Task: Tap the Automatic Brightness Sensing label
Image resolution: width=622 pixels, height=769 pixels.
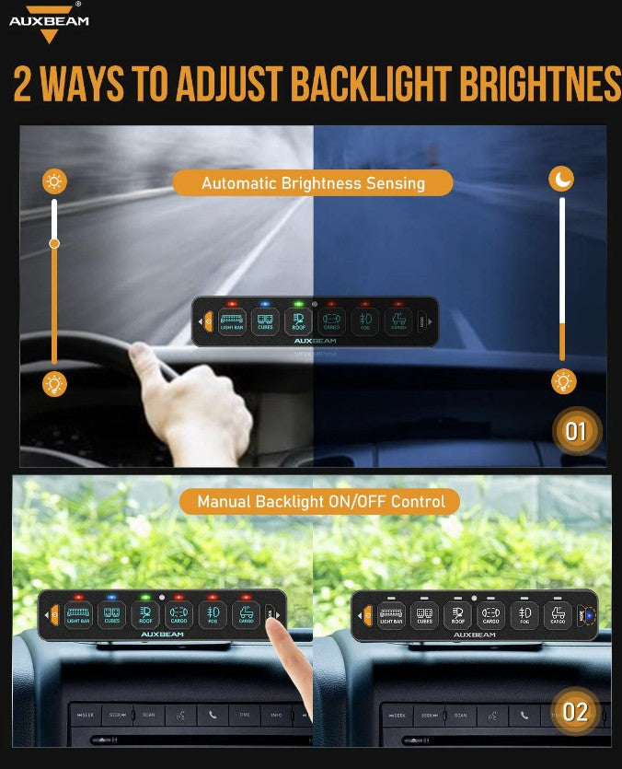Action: coord(313,182)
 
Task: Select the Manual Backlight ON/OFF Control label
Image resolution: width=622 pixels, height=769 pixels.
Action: coord(321,502)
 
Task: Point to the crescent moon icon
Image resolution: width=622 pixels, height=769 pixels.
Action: coord(561,179)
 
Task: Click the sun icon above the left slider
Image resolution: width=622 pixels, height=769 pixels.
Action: coord(54,181)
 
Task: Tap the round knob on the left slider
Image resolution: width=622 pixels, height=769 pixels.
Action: coord(54,243)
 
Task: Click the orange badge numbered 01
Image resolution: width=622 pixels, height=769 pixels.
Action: coord(575,431)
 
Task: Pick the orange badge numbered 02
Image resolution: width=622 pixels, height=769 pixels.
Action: coord(575,711)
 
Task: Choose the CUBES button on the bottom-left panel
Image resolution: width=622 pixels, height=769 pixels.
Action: coord(111,613)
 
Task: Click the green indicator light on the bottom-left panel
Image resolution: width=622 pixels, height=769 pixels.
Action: coord(144,597)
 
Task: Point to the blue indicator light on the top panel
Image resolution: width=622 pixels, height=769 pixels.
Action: coord(264,303)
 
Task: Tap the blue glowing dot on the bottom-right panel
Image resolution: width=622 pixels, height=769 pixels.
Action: coord(589,613)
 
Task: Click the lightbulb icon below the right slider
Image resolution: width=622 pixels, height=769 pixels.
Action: coord(563,381)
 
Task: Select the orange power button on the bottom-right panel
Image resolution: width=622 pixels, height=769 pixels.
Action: coord(368,613)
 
